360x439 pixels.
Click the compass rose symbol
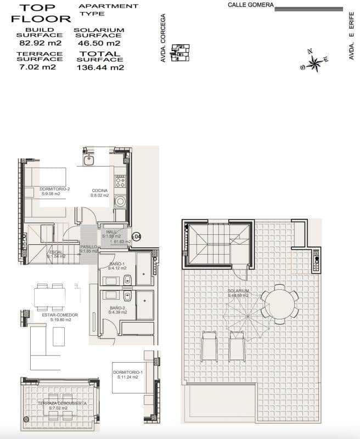tap(314, 62)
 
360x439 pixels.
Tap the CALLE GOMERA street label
tap(250, 5)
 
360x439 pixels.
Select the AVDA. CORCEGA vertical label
tap(164, 38)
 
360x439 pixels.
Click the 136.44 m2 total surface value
tap(100, 67)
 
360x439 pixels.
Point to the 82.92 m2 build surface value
tap(35, 43)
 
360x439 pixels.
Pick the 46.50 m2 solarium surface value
tap(99, 43)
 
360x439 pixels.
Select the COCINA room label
tap(99, 191)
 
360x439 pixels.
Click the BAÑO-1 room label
tap(117, 264)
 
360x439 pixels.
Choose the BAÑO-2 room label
tap(118, 308)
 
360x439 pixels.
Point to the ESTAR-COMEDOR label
tap(60, 315)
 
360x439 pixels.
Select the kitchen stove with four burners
tap(120, 181)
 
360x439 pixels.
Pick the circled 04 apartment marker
tap(137, 237)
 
